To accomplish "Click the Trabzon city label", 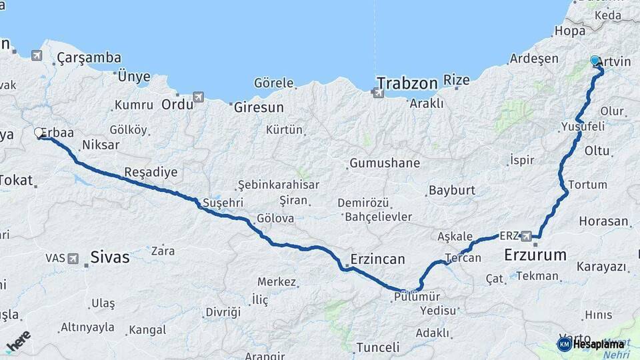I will click(x=407, y=83).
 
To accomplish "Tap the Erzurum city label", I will click(x=535, y=255).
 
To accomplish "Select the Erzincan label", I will click(x=377, y=259).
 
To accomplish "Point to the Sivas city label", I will click(x=109, y=257).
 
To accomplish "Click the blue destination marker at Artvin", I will click(x=595, y=61).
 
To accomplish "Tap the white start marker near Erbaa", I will click(x=39, y=133).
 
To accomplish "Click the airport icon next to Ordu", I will click(x=198, y=97).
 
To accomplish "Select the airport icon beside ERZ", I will click(x=527, y=235).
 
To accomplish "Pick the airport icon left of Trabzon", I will click(x=378, y=93).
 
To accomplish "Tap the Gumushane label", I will click(x=385, y=163).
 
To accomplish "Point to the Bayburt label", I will click(x=451, y=190).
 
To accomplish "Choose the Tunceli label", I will click(x=377, y=347).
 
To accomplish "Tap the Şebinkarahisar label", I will click(x=279, y=185).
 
